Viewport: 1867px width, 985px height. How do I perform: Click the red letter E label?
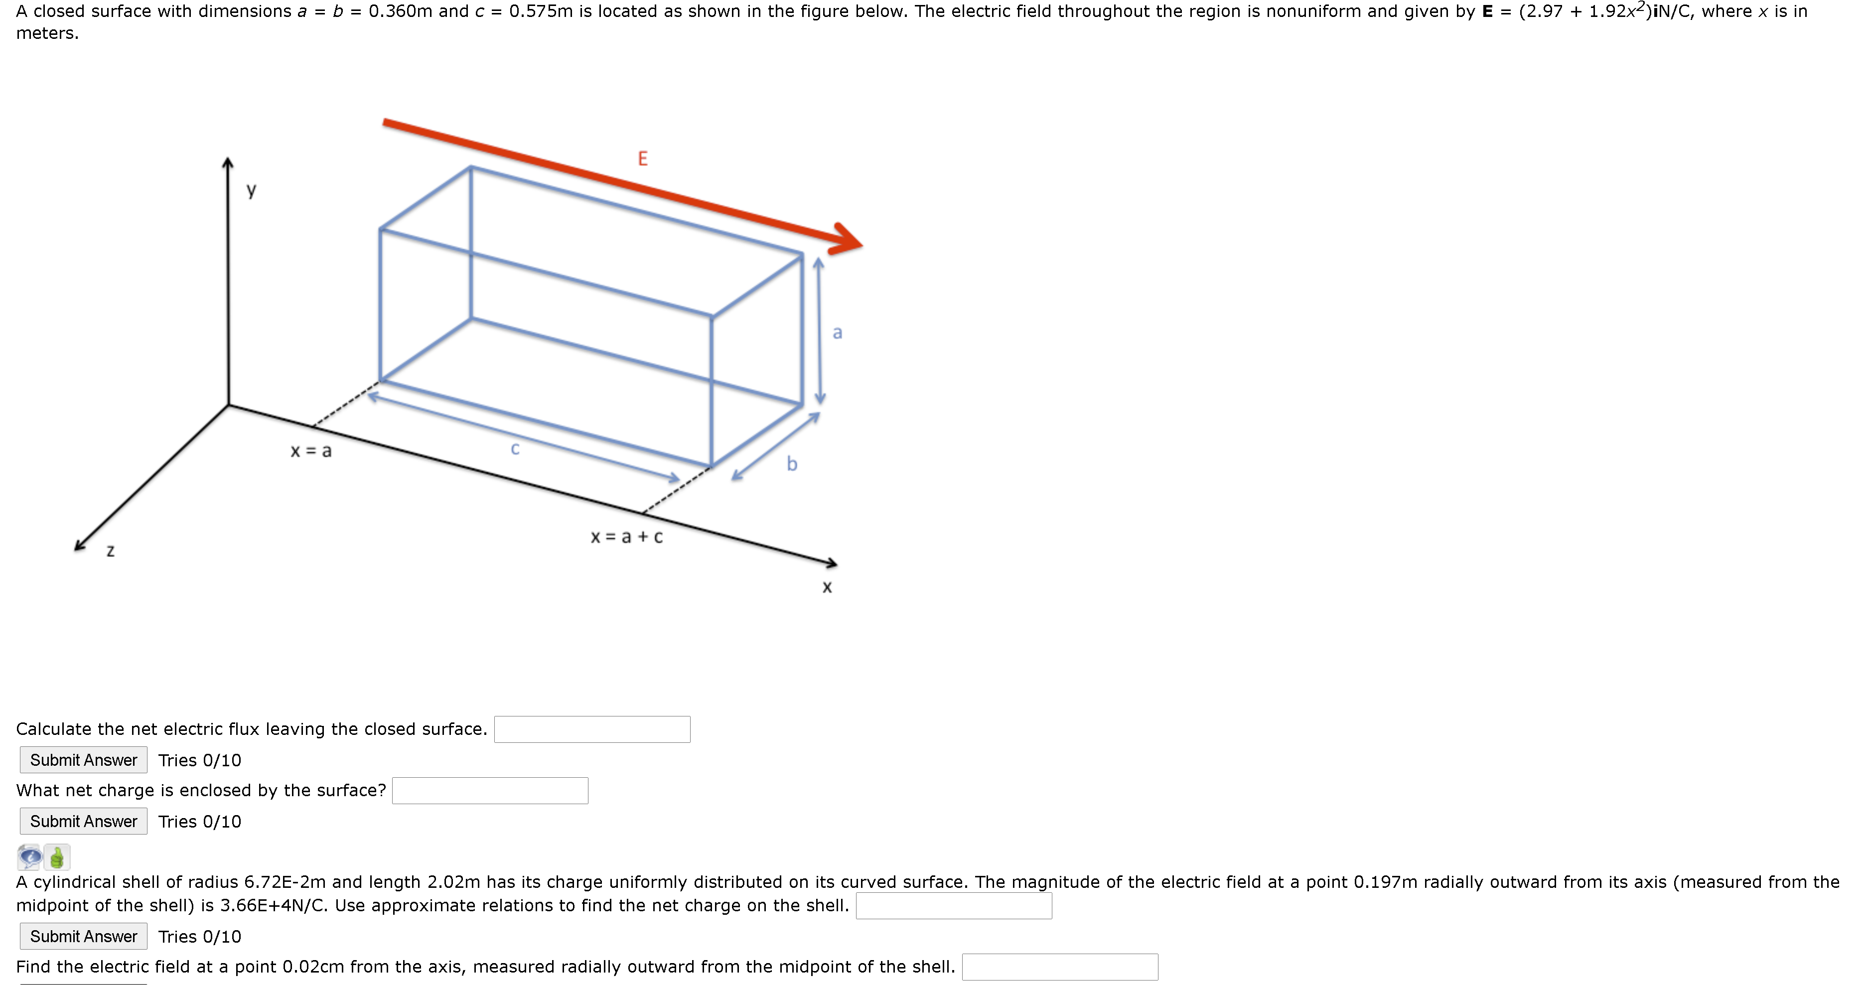(642, 159)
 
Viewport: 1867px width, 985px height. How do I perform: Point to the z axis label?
(110, 552)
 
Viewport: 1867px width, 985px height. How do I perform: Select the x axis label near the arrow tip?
(827, 587)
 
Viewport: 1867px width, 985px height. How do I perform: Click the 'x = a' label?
(311, 451)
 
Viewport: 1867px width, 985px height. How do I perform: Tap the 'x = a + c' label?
(626, 537)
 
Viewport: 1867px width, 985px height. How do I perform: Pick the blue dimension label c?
(515, 448)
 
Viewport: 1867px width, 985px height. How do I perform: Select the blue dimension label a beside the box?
(837, 333)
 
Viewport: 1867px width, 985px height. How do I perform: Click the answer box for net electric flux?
(591, 729)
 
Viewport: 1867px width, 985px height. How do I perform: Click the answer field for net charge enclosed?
(490, 791)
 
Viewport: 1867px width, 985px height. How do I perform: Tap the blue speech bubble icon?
(30, 857)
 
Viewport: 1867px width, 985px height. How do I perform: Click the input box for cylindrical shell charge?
(953, 906)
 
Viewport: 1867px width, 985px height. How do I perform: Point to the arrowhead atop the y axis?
(228, 164)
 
